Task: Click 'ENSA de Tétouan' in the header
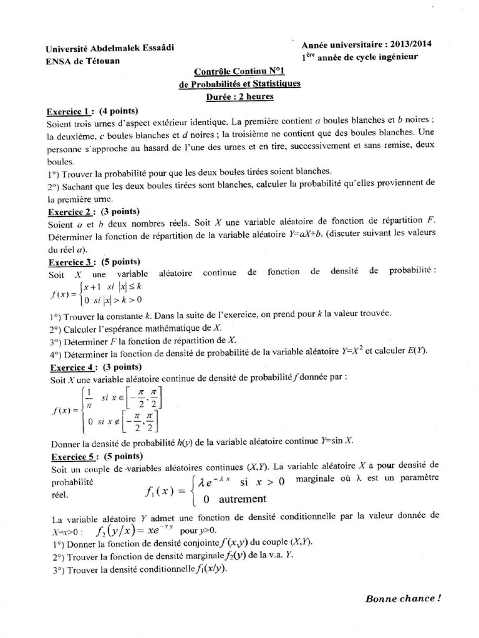tap(80, 60)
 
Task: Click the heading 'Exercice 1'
tap(69, 112)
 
